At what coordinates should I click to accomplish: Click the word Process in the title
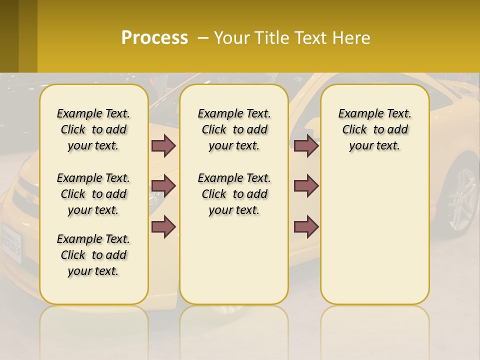(x=154, y=37)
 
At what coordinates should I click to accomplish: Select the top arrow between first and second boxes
(x=163, y=145)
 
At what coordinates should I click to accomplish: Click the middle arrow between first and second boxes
(x=163, y=186)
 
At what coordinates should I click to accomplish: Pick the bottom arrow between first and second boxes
(x=163, y=226)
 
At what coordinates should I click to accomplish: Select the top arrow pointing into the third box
(x=306, y=145)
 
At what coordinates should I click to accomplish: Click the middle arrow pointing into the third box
(x=306, y=186)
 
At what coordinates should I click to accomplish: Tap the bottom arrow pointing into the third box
(x=306, y=226)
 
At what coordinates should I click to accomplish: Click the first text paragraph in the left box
(x=93, y=129)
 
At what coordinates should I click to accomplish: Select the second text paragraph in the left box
(x=93, y=194)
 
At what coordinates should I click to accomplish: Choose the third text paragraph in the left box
(x=93, y=255)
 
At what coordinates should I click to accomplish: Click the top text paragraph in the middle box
(x=234, y=129)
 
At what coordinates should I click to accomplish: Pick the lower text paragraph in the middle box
(x=234, y=194)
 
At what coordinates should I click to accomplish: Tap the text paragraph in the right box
(x=374, y=129)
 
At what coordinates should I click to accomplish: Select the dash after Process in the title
(x=202, y=38)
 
